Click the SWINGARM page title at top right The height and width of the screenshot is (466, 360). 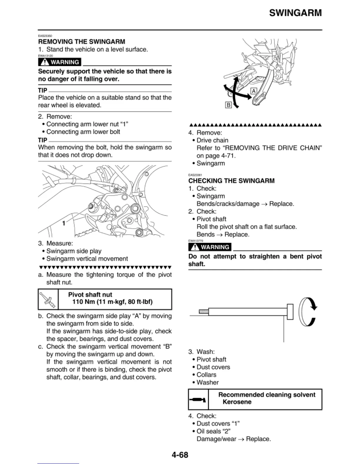point(295,13)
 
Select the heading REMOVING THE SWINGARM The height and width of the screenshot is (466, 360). point(81,41)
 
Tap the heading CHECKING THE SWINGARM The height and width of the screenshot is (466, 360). point(231,181)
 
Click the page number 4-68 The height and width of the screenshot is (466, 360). point(180,455)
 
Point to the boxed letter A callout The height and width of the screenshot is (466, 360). point(254,91)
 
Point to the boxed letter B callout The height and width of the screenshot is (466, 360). point(228,105)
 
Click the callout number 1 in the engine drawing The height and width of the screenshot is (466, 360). point(64,224)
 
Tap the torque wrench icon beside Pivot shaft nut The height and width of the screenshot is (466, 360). point(48,299)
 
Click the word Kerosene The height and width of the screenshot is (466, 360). point(237,402)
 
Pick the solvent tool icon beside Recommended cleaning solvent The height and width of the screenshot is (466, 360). point(198,400)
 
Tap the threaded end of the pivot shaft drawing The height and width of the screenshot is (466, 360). point(204,311)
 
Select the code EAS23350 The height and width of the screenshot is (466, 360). point(45,36)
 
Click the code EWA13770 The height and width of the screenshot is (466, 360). point(196,241)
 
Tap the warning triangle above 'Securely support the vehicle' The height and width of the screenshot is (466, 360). point(45,62)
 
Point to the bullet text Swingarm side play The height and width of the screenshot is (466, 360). point(74,251)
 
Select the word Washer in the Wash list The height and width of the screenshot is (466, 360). point(208,382)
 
